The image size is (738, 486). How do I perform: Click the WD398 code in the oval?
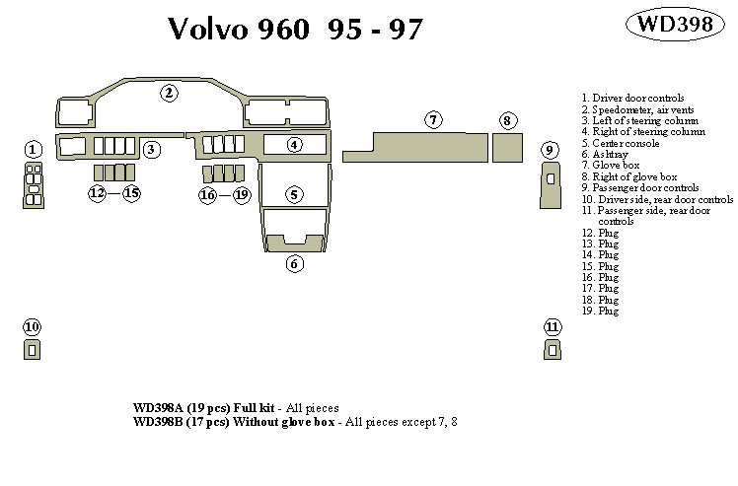coord(676,26)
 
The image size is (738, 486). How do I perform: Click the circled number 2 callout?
coord(170,94)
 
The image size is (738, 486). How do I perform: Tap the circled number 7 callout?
coord(432,120)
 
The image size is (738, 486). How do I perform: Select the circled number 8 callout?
coord(506,120)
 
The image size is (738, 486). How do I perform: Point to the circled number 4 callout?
coord(295,146)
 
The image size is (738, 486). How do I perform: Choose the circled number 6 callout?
coord(294,263)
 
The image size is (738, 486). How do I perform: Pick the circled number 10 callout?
coord(32,326)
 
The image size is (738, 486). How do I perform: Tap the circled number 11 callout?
coord(552,326)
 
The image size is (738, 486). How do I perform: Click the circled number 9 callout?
coord(550,150)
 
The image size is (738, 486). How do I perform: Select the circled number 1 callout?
coord(33,150)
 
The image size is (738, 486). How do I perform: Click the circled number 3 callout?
coord(151,150)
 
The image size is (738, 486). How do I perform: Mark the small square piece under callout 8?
coord(506,147)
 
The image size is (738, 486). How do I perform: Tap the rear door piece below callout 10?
coord(32,348)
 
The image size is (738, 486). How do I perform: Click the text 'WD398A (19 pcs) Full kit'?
coord(204,408)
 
